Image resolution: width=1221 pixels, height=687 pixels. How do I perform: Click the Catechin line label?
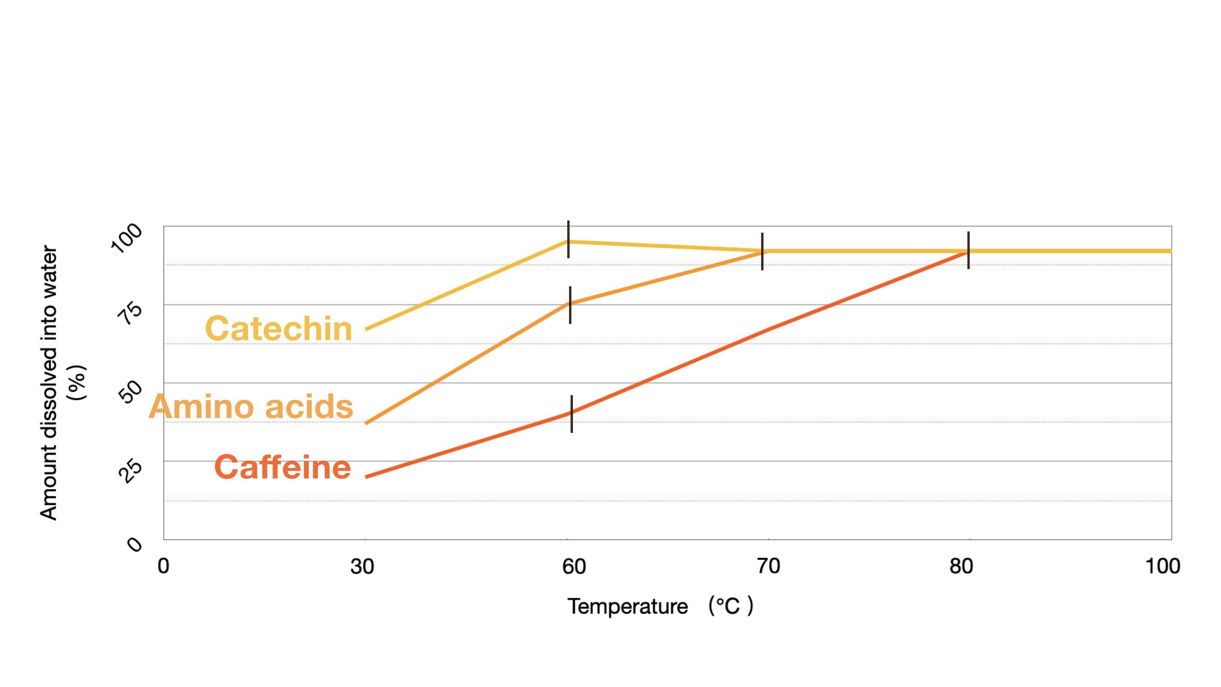pos(279,328)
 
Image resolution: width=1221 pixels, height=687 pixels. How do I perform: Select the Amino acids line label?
pos(251,406)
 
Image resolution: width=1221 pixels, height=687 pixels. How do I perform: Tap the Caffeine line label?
pos(282,467)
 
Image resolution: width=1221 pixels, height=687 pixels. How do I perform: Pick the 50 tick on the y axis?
pos(130,392)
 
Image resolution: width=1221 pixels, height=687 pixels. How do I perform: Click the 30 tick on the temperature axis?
pos(362,566)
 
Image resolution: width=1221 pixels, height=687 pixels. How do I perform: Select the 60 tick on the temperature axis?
pos(574,566)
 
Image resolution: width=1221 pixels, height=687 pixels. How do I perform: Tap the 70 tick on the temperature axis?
pos(768,566)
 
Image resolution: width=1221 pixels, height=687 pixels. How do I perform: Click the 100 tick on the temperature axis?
pos(1163,566)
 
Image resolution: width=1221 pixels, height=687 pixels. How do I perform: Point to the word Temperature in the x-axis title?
pos(628,606)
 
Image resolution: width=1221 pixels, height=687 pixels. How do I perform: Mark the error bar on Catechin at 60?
pos(568,239)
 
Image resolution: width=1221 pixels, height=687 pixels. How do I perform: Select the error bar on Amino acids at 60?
pos(570,305)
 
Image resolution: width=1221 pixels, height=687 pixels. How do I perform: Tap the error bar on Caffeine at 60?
pos(572,414)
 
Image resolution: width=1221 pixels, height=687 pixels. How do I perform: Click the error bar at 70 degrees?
pos(762,251)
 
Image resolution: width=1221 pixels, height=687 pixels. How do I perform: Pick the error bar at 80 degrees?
pos(968,250)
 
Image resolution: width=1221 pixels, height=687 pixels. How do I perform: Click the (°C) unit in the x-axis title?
pos(730,606)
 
